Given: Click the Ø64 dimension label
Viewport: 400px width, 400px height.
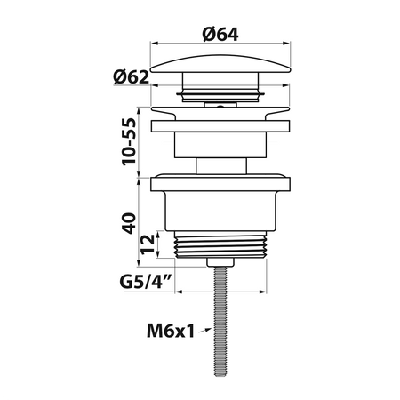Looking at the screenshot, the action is tap(220, 34).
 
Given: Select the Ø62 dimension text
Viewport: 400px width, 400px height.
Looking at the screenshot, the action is tap(132, 77).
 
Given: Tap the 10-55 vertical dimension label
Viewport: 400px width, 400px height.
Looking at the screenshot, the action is tap(129, 141).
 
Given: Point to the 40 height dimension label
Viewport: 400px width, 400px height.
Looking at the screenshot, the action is tap(129, 223).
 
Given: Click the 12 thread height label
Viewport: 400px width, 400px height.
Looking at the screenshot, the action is tap(148, 244).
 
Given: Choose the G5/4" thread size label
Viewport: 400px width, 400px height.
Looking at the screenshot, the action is tap(146, 282).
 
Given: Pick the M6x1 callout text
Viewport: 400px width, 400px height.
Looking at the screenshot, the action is tap(171, 331).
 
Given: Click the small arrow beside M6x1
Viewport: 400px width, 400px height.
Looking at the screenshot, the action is tap(204, 331).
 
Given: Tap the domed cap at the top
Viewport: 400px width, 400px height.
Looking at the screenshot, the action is tap(220, 64).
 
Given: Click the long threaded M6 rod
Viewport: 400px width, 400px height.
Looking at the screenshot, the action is tap(220, 321).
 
